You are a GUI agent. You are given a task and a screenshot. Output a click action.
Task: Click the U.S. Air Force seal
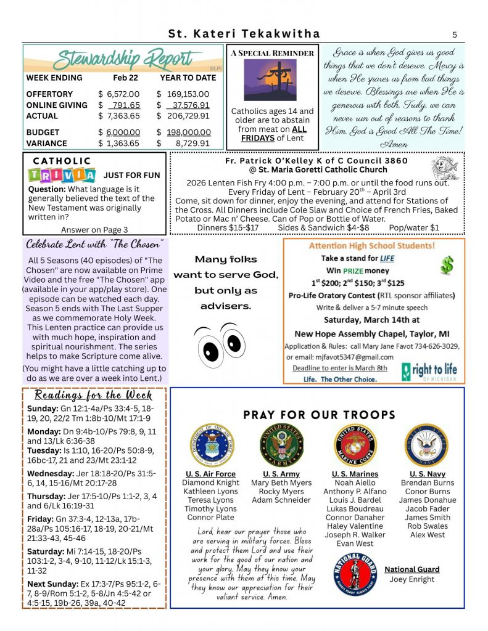tap(212, 444)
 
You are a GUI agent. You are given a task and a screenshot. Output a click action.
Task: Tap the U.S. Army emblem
tap(282, 444)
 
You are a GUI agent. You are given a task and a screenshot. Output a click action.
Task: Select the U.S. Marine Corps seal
tap(355, 444)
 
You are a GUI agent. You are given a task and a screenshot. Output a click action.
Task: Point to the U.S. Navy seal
tap(426, 444)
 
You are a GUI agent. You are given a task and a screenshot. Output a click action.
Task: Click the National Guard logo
tap(356, 576)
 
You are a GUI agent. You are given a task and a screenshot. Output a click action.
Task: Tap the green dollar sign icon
tap(447, 265)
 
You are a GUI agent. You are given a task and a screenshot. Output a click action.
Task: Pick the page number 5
tap(454, 35)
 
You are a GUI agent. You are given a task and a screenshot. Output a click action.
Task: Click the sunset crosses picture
tap(270, 80)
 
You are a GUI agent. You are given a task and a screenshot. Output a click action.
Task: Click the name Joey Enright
tap(411, 579)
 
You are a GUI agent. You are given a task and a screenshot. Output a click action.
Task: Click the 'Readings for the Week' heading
tap(94, 395)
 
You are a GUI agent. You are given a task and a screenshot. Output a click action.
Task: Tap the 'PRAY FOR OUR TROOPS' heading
tap(319, 415)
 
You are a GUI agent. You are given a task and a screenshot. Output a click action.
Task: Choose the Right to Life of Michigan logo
tap(429, 371)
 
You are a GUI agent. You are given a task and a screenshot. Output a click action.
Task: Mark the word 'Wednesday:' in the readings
tap(51, 473)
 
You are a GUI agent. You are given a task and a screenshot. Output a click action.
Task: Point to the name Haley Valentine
tap(355, 526)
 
